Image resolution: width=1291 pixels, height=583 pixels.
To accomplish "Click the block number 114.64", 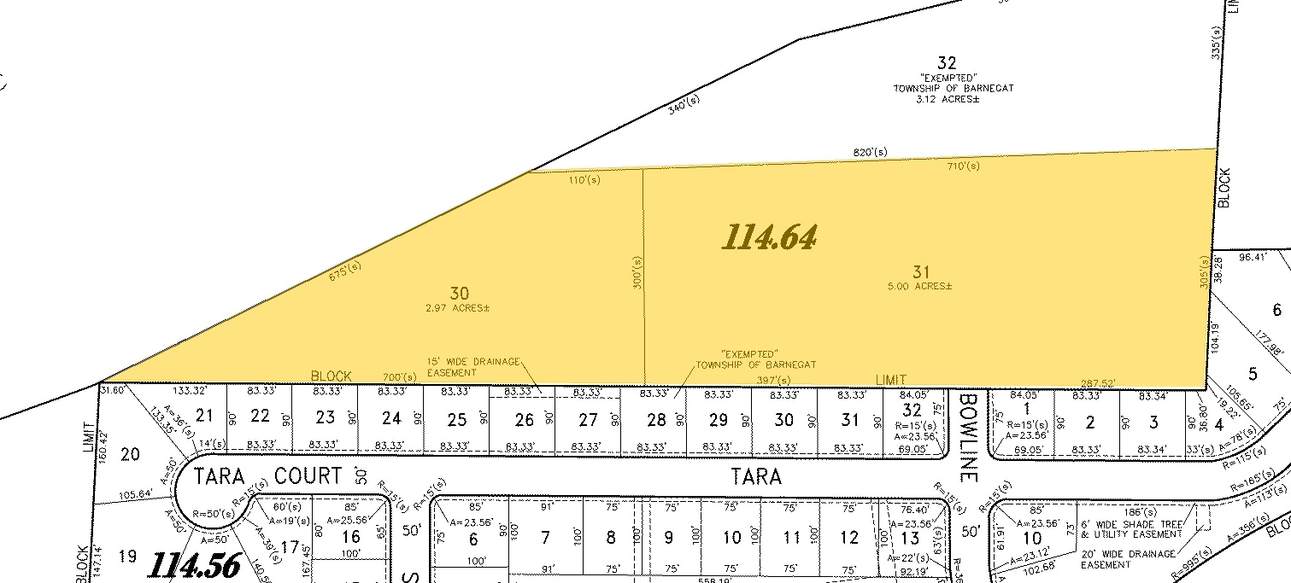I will coord(769,237).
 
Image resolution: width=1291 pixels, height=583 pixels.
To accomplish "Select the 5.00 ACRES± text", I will coord(920,287).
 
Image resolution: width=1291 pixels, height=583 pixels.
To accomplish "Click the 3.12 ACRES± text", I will coord(947,100).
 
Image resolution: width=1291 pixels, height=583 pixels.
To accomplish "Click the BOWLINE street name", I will coord(967,426).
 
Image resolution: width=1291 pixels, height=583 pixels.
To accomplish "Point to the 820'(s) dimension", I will coord(870,152).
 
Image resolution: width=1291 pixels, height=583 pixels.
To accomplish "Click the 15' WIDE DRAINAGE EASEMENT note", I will coord(473,367).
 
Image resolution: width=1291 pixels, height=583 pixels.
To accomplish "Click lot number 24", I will coord(391,418).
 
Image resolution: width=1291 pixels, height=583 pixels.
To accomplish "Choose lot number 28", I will coord(656,419).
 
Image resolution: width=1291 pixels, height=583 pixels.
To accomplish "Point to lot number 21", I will coord(204,416).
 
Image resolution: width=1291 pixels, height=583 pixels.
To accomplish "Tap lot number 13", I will coord(911,538).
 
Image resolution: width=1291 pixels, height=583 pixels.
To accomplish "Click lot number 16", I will coord(350,537).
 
